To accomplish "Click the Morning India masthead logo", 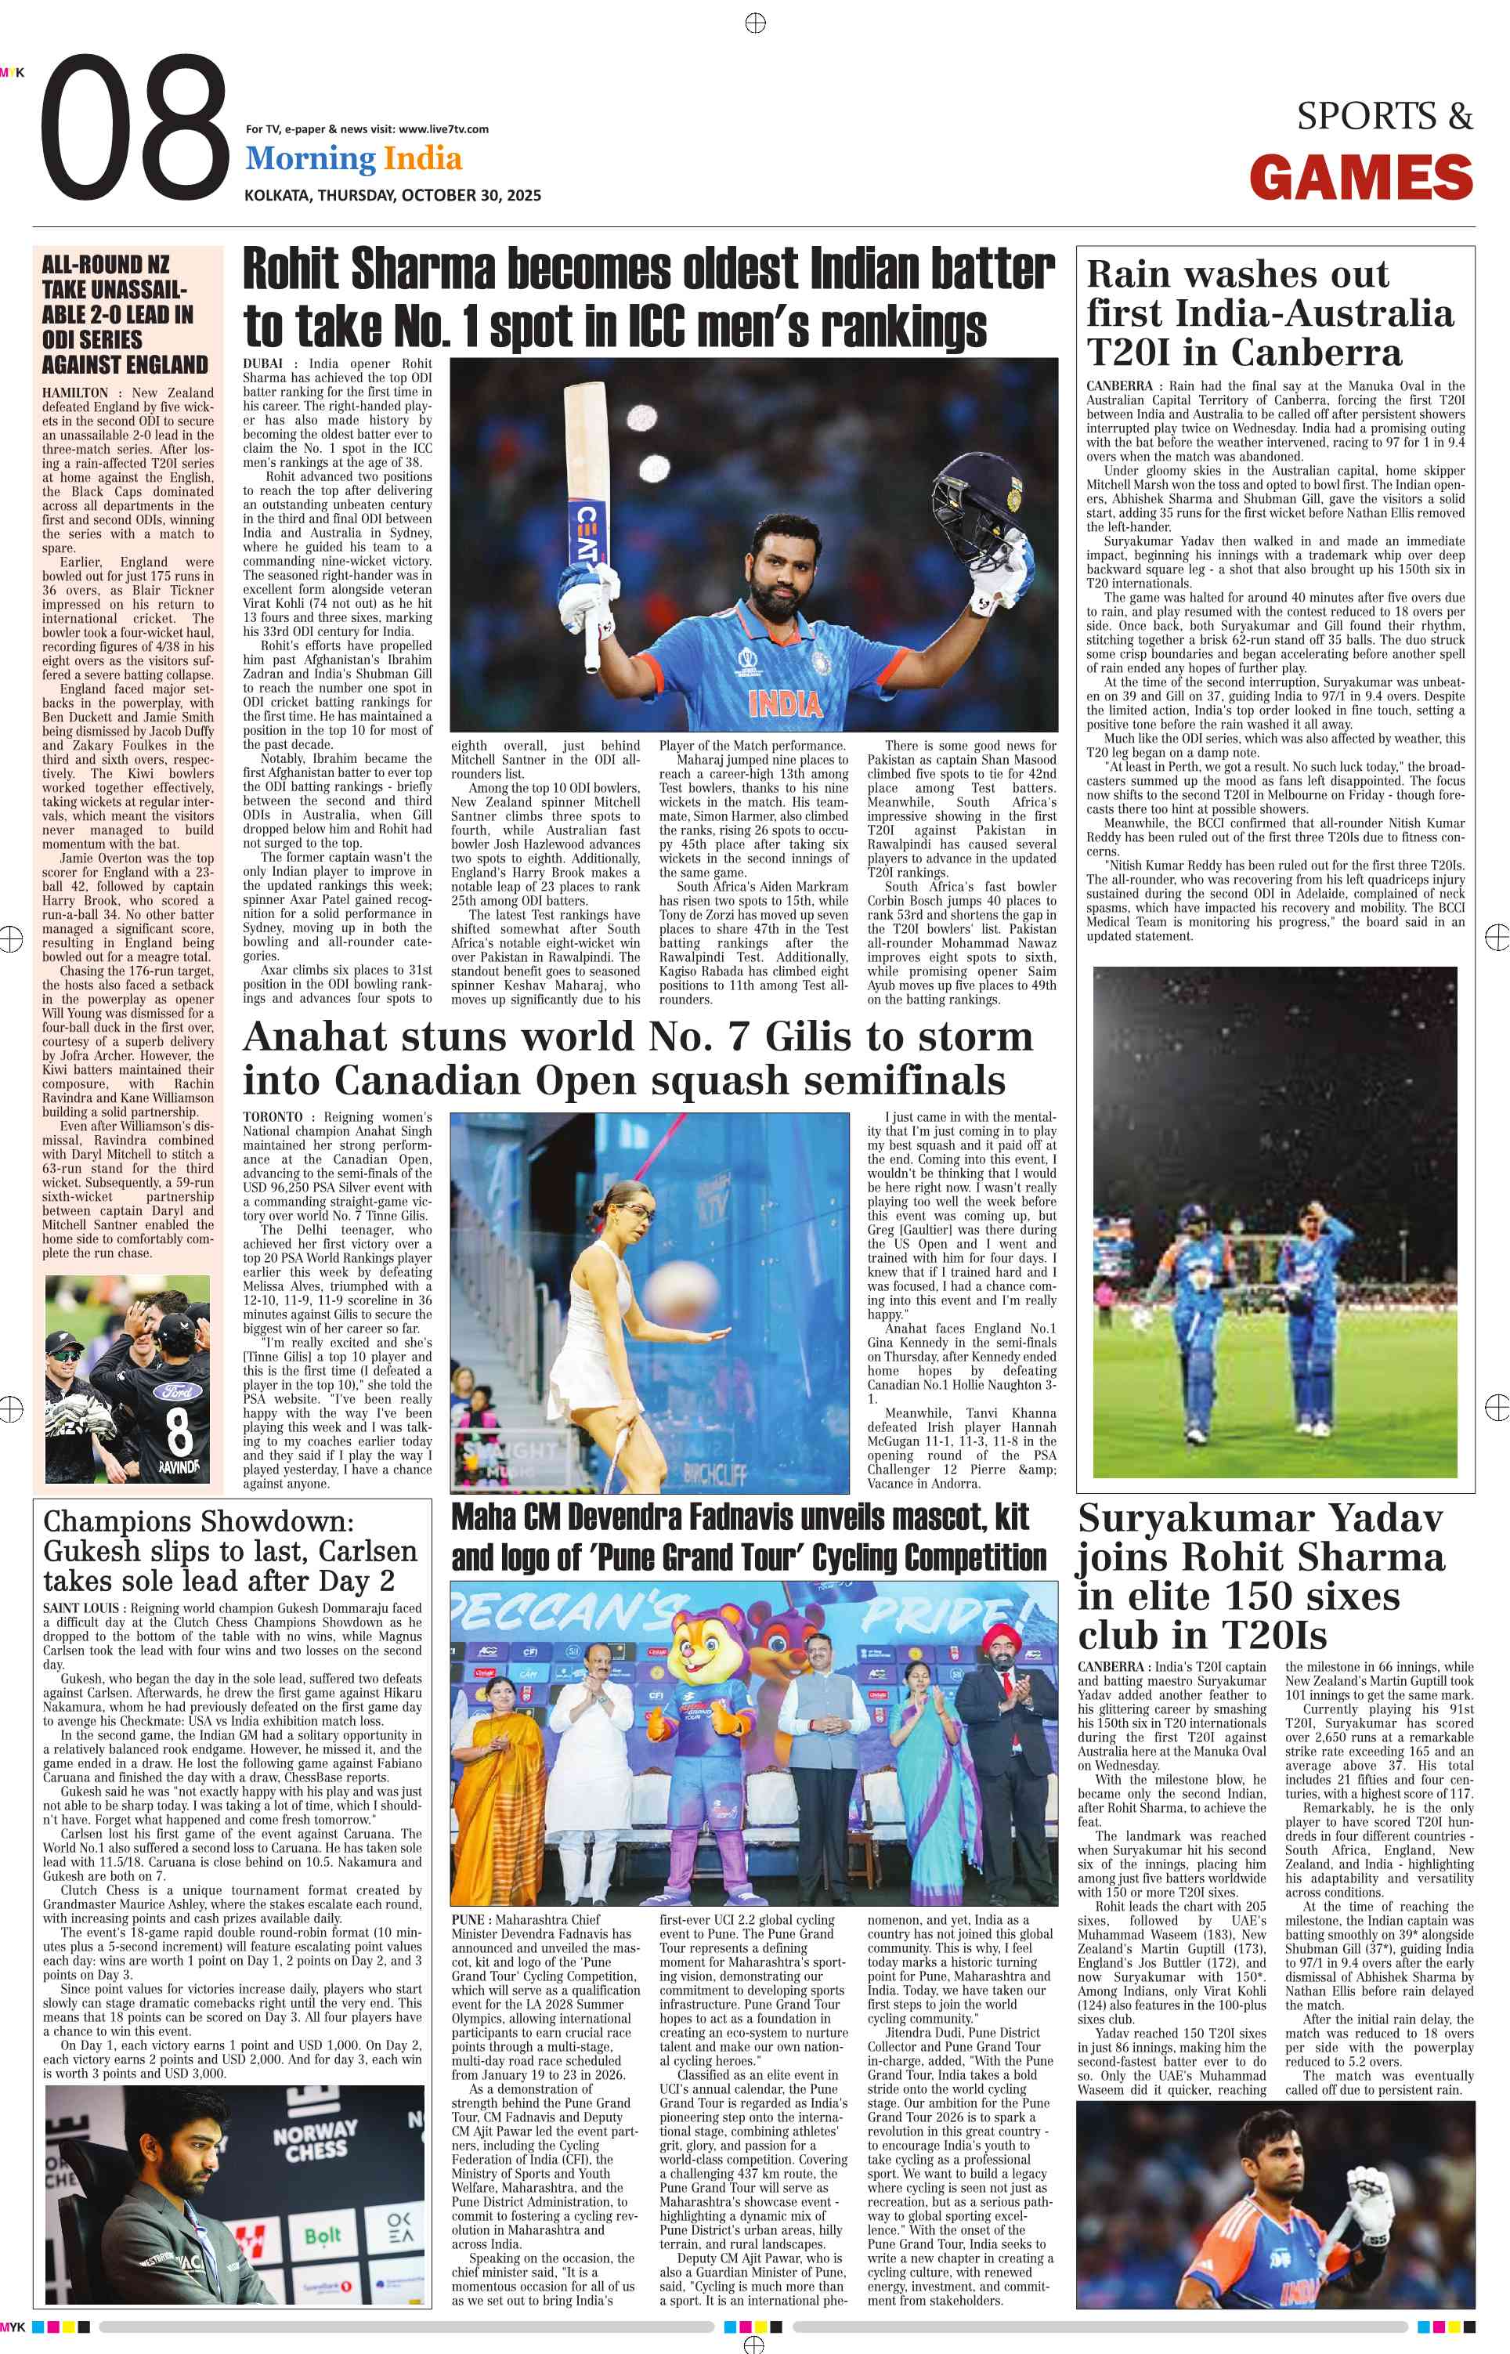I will click(353, 159).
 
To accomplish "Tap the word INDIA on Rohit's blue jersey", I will click(785, 703).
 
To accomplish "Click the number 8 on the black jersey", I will click(179, 1430).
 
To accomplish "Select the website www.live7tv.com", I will click(443, 129).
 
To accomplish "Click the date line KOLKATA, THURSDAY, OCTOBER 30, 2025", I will click(392, 195).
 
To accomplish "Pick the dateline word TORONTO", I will click(273, 1117).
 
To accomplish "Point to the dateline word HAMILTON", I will click(74, 393).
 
